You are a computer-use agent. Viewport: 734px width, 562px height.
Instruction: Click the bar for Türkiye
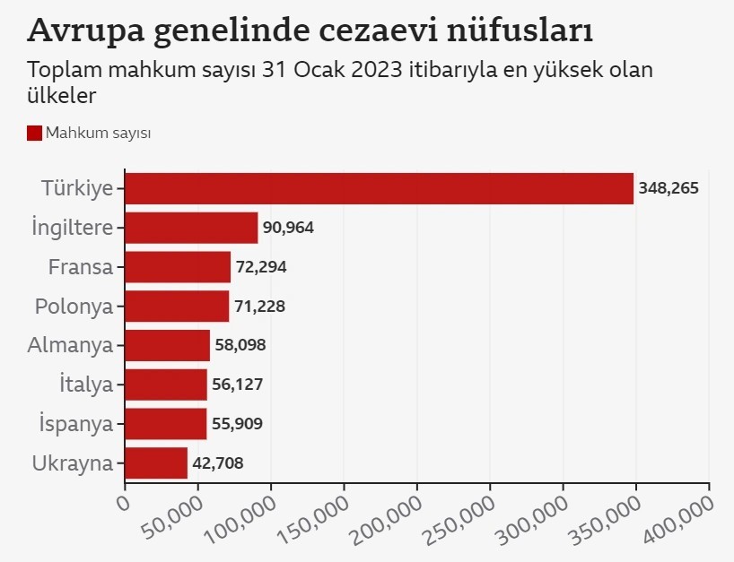379,188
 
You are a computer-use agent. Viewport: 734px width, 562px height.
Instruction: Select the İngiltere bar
191,228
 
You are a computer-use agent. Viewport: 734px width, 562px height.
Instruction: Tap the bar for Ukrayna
156,463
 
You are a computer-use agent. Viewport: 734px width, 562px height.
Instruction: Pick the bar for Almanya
167,345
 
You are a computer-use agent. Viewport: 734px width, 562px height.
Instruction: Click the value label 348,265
668,188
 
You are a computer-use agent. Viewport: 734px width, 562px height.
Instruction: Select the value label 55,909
237,424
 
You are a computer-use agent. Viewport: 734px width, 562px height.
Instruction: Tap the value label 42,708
218,463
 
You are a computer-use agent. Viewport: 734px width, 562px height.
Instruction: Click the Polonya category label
74,307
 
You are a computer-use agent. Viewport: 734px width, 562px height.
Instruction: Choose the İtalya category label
86,385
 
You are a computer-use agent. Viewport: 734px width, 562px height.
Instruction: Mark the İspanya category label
76,424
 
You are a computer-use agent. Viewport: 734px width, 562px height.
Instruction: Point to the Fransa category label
81,267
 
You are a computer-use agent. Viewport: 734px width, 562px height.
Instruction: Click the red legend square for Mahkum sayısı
35,133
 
